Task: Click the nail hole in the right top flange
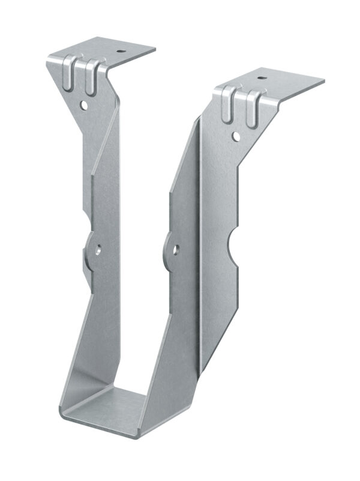pyautogui.click(x=262, y=77)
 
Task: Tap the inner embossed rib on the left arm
pyautogui.click(x=91, y=76)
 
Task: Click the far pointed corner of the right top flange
pyautogui.click(x=324, y=82)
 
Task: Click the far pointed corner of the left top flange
pyautogui.click(x=155, y=50)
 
